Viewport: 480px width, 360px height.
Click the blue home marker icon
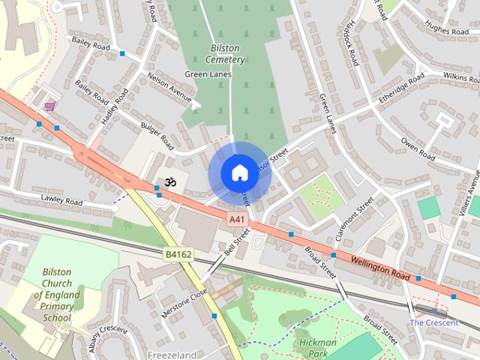(x=238, y=172)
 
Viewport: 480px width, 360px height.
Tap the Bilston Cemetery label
(x=224, y=53)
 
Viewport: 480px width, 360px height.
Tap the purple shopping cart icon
(x=49, y=106)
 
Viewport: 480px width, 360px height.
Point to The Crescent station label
(x=433, y=322)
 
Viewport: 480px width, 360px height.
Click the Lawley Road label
(x=61, y=200)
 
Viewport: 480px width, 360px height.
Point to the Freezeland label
(x=172, y=355)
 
